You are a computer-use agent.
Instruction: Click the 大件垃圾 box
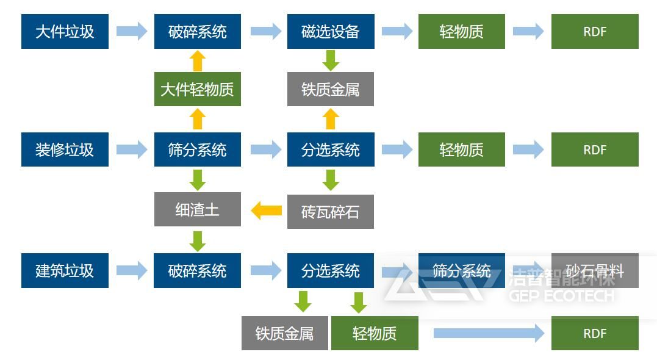(65, 32)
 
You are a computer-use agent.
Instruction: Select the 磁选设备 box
(330, 32)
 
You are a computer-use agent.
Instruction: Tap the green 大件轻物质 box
(197, 90)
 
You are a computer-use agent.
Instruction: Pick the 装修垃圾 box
(65, 149)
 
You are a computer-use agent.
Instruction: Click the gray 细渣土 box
(197, 210)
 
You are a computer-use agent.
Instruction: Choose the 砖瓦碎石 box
(330, 212)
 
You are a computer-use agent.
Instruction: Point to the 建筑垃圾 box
(65, 271)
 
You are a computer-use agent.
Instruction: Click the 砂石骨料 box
(595, 271)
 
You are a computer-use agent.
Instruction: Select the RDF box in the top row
(595, 32)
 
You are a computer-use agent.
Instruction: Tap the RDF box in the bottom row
(595, 333)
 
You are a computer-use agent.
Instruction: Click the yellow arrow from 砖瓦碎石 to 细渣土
(266, 211)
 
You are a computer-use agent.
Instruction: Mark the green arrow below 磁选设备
(331, 60)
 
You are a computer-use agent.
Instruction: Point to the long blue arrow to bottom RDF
(488, 333)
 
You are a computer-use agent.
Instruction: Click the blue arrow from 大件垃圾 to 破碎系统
(132, 31)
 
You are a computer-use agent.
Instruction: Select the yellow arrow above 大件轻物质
(197, 61)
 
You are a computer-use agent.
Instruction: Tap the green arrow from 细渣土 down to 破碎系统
(197, 240)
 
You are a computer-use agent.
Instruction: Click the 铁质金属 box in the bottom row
(284, 333)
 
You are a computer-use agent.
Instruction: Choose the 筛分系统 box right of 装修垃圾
(197, 149)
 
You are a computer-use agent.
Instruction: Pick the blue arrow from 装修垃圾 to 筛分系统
(132, 149)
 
